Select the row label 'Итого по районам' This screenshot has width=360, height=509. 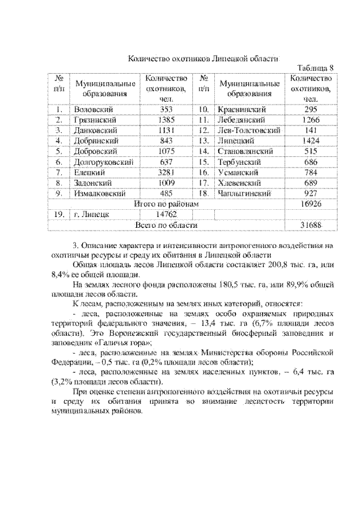[166, 204]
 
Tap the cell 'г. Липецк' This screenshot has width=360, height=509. [92, 214]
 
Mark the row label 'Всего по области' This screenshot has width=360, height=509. [166, 225]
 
